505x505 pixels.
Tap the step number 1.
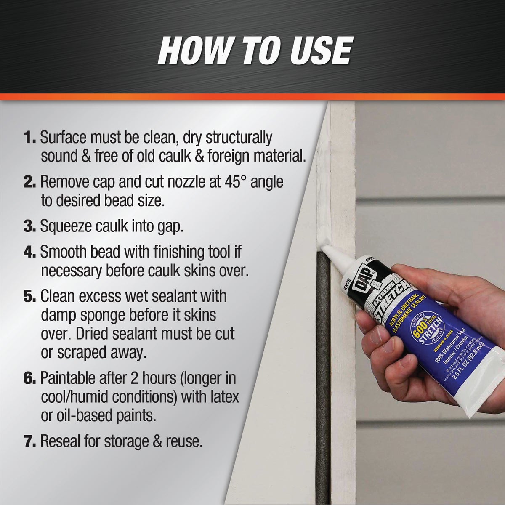(x=29, y=138)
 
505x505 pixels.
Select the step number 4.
(x=29, y=252)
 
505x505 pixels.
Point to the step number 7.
(x=29, y=442)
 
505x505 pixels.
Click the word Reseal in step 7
(x=63, y=442)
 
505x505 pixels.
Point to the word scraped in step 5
(x=87, y=353)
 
